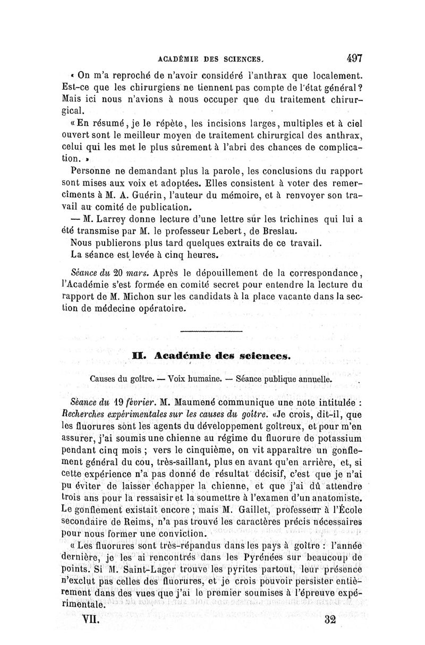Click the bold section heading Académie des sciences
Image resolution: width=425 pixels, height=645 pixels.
[x=222, y=357]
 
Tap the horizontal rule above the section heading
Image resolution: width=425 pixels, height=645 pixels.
[x=211, y=332]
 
